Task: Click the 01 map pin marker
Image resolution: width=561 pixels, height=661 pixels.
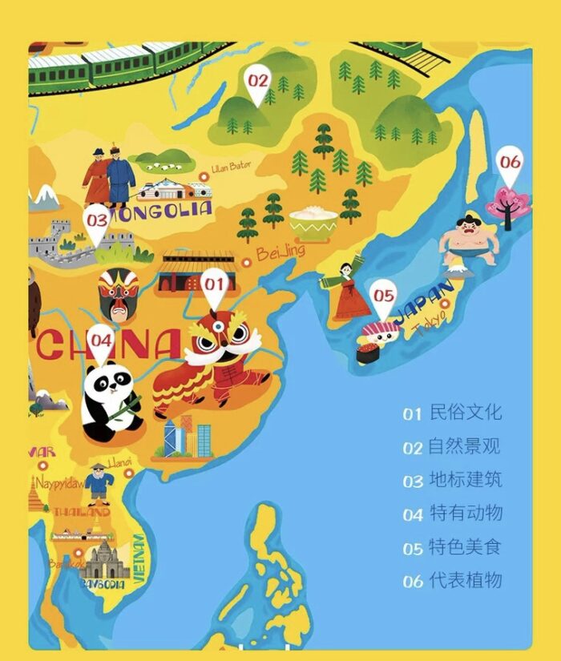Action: pyautogui.click(x=214, y=287)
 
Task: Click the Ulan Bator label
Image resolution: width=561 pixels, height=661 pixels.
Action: pyautogui.click(x=231, y=167)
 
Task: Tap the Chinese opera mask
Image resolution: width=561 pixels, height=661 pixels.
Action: pyautogui.click(x=119, y=293)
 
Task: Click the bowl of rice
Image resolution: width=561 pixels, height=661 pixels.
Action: pyautogui.click(x=313, y=224)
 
